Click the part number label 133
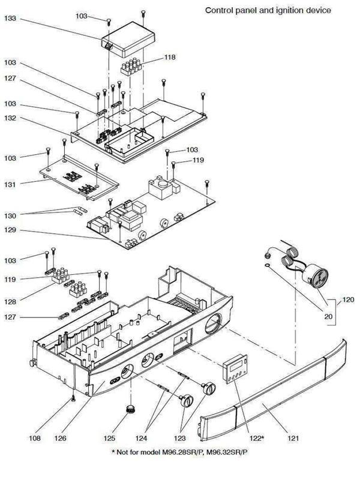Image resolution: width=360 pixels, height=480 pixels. tap(10, 20)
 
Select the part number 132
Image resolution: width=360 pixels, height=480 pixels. tap(10, 119)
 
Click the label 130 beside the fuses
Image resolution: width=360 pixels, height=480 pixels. tap(10, 214)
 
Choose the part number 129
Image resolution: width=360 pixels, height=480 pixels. tap(10, 230)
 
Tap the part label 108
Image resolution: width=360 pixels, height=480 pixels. tap(34, 439)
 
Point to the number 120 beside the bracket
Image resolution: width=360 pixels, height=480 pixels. tap(348, 298)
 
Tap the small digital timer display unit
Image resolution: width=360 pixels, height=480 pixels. tap(234, 365)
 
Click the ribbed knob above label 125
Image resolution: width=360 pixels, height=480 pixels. tap(130, 411)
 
